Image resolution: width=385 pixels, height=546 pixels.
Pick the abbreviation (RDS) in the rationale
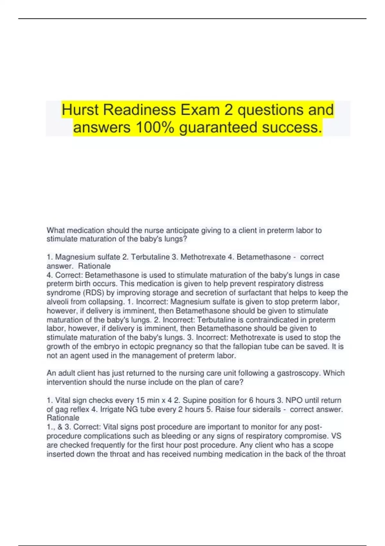tap(93, 293)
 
